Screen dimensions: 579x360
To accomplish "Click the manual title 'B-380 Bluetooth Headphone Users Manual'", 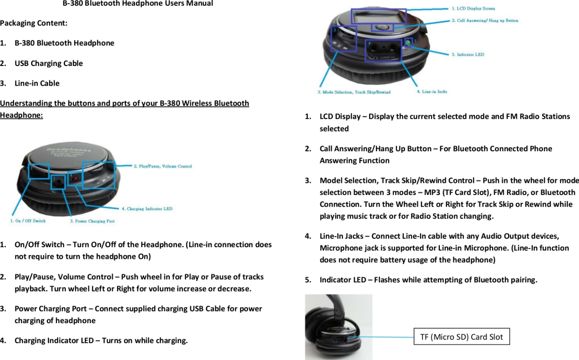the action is (138, 4).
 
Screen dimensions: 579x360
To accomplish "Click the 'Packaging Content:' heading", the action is (34, 23).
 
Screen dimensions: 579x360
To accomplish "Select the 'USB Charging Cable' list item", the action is (49, 63).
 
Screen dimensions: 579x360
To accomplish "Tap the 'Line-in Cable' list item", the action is (37, 83).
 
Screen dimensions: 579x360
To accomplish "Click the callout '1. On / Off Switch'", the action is (28, 221).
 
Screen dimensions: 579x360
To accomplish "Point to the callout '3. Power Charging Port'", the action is (92, 221).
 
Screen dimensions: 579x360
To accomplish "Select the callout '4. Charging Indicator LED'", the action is (147, 209).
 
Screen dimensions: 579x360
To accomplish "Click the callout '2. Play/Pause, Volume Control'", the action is (163, 166).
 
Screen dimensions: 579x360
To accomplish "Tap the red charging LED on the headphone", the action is (74, 178).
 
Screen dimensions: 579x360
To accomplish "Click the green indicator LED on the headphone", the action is (408, 42).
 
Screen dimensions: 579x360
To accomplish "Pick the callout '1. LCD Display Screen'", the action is (473, 8).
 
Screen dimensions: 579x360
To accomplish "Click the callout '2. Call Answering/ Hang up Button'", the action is (485, 20).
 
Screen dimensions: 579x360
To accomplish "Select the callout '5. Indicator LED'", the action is (468, 55).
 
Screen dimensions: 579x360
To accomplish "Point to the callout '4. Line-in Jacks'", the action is (432, 92).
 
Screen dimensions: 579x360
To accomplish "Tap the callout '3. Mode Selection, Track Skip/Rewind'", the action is (354, 92).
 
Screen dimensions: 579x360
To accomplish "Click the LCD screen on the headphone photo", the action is (379, 17).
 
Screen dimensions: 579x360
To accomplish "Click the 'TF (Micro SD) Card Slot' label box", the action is (461, 337).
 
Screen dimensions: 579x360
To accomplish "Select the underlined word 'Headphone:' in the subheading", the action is (21, 115).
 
